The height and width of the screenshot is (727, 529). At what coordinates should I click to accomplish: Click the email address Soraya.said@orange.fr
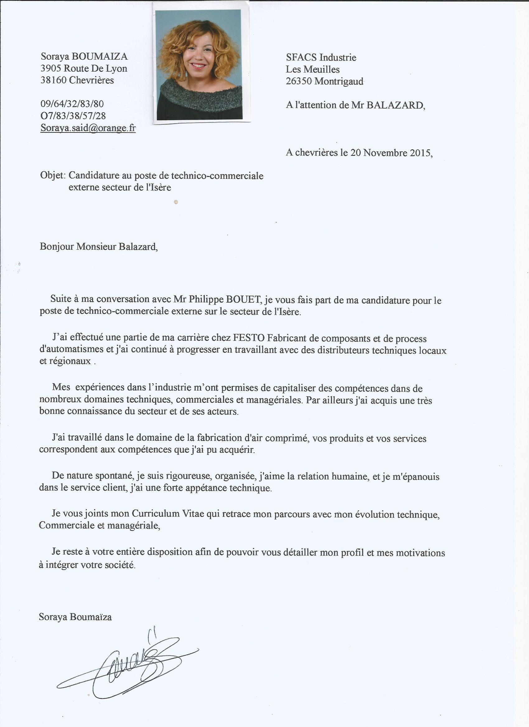tap(88, 128)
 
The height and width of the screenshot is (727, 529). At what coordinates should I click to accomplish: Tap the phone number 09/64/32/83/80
tap(72, 104)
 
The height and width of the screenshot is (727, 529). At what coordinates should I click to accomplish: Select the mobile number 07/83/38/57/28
tap(73, 116)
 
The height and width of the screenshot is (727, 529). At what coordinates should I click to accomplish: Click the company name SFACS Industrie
tap(321, 58)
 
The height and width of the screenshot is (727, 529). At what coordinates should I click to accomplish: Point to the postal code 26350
tap(299, 81)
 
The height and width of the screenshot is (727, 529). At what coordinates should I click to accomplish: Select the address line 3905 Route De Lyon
tap(84, 68)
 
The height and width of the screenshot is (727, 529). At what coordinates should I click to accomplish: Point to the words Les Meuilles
tap(313, 70)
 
